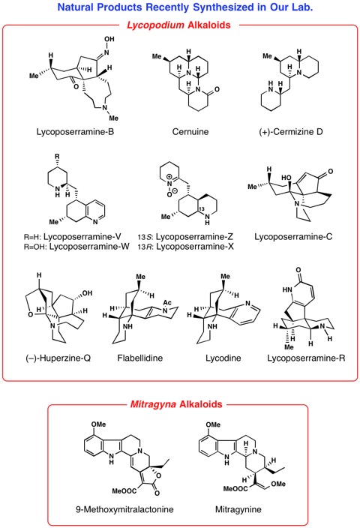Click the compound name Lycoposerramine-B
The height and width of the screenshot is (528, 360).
(x=75, y=132)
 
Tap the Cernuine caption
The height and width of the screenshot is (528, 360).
(x=190, y=132)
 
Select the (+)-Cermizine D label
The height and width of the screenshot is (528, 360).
(x=291, y=132)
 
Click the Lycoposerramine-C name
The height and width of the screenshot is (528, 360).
(x=293, y=237)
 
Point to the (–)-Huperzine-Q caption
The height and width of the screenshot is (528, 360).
(x=58, y=358)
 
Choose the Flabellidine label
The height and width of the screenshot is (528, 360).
(x=139, y=358)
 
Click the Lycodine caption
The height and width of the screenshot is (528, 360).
(x=223, y=358)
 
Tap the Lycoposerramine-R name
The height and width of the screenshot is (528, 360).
(x=306, y=358)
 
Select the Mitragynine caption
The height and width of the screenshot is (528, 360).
(x=238, y=509)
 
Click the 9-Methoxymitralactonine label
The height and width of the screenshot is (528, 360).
(x=124, y=509)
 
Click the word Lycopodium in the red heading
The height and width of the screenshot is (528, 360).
(x=155, y=25)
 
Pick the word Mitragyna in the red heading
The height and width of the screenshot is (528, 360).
(x=153, y=404)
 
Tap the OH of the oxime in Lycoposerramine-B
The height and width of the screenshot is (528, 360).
(x=109, y=39)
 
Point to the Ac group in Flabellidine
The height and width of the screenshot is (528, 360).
(x=167, y=302)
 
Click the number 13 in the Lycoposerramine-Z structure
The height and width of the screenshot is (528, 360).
(x=202, y=209)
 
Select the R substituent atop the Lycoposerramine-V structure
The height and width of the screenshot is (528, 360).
(x=57, y=156)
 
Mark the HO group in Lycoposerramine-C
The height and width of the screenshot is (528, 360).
(x=286, y=178)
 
